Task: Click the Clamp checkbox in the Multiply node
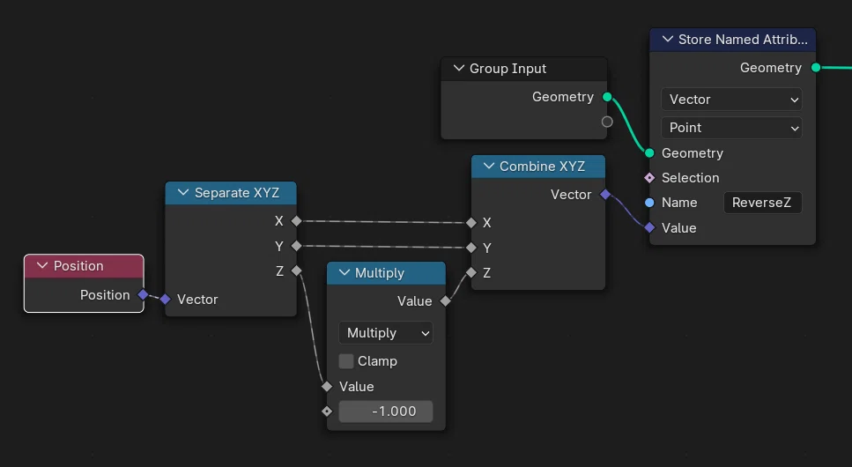point(346,361)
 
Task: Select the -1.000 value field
point(386,411)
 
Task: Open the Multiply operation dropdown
point(386,333)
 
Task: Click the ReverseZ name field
point(762,203)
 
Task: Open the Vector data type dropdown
point(731,100)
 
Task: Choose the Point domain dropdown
point(731,128)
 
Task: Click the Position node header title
point(78,266)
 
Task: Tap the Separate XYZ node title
point(237,193)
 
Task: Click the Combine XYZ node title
point(542,167)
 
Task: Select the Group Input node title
point(508,69)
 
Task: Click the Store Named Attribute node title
point(743,40)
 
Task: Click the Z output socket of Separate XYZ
point(296,271)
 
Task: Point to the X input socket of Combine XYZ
point(471,222)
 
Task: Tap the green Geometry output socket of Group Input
point(607,97)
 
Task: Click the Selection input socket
point(649,178)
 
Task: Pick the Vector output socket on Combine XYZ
point(605,194)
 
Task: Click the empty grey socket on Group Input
point(607,122)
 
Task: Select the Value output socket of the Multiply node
point(446,300)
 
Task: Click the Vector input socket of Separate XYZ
point(165,299)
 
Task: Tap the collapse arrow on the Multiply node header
point(345,273)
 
